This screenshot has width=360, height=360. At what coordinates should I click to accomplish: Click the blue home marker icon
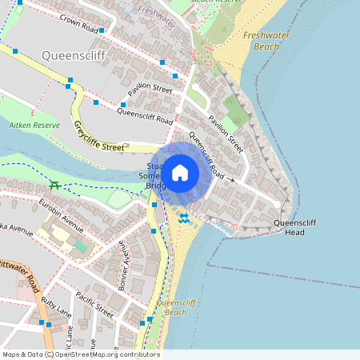point(180,172)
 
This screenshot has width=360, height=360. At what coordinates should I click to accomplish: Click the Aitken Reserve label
point(34,126)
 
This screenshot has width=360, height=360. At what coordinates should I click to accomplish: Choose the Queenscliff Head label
point(295,227)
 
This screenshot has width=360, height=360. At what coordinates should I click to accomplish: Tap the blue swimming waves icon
point(184,218)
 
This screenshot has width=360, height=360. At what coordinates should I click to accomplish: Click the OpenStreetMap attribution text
point(80,354)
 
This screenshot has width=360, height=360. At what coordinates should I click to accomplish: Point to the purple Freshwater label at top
point(155,11)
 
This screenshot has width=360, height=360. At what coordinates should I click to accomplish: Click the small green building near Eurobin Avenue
point(81,246)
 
